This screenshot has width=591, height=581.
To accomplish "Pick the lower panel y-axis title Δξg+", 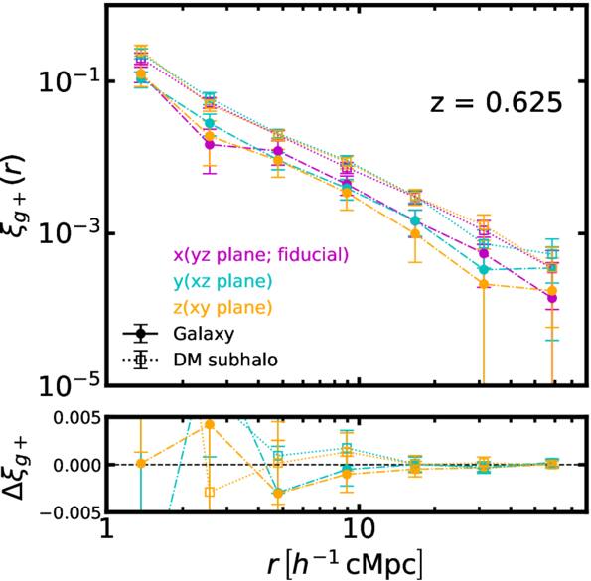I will click(x=20, y=465).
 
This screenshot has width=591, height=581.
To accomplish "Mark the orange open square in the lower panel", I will click(x=210, y=492).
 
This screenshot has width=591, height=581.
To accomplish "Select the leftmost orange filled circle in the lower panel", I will click(x=141, y=464).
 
